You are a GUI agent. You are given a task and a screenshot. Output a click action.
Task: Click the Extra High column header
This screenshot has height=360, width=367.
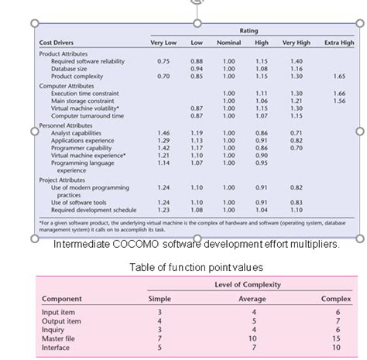pos(339,43)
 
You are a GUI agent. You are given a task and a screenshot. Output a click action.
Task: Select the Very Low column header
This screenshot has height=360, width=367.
pos(163,43)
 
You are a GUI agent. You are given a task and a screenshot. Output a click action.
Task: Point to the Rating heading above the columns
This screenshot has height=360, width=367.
pos(249,31)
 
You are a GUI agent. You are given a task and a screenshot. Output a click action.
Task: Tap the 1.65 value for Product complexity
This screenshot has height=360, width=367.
pos(339,77)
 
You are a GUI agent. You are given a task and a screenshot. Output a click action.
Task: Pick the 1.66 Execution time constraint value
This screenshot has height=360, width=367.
pos(339,94)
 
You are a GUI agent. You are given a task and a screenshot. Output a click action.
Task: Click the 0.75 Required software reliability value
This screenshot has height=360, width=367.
pos(163,61)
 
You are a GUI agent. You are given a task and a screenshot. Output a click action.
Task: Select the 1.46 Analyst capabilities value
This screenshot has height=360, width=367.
pos(163,133)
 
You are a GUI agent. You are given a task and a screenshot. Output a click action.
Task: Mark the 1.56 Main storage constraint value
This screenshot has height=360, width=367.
pos(339,101)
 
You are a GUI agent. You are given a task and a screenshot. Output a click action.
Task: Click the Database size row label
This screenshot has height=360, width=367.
pos(69,69)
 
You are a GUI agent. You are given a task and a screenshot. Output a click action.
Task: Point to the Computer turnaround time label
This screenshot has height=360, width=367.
pos(87,116)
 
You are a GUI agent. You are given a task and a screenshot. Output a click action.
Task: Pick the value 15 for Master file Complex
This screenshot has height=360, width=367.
pos(334,338)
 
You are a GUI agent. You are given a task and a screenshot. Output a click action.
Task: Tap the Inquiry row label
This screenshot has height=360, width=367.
pos(53,329)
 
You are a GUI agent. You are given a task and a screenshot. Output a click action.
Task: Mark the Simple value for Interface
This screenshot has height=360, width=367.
pos(159,346)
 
